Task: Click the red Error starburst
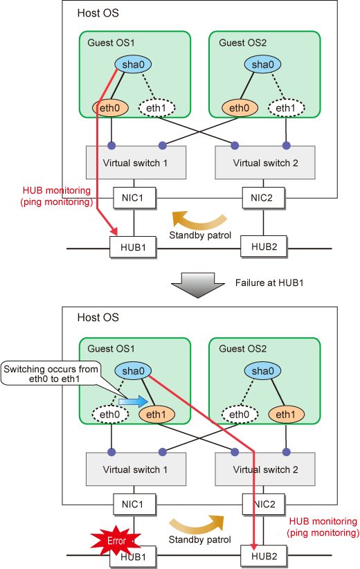coord(116,541)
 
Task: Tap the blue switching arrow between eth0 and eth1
coord(133,401)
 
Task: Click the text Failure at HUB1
coord(269,282)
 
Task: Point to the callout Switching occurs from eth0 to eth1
coord(51,373)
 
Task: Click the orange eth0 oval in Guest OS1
coord(110,108)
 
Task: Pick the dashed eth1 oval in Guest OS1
coord(156,108)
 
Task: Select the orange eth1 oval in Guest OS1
coord(156,415)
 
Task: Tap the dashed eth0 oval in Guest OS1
coord(110,415)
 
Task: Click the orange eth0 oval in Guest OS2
coord(240,108)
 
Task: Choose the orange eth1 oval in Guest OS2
coord(287,415)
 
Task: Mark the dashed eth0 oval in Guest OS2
coord(240,415)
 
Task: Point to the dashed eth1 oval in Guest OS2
coord(287,108)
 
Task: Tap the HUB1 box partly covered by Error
coord(133,557)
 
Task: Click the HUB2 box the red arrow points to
coord(264,556)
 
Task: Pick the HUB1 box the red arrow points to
coord(133,248)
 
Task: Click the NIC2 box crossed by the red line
coord(264,505)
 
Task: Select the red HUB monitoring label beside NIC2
coord(323,527)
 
